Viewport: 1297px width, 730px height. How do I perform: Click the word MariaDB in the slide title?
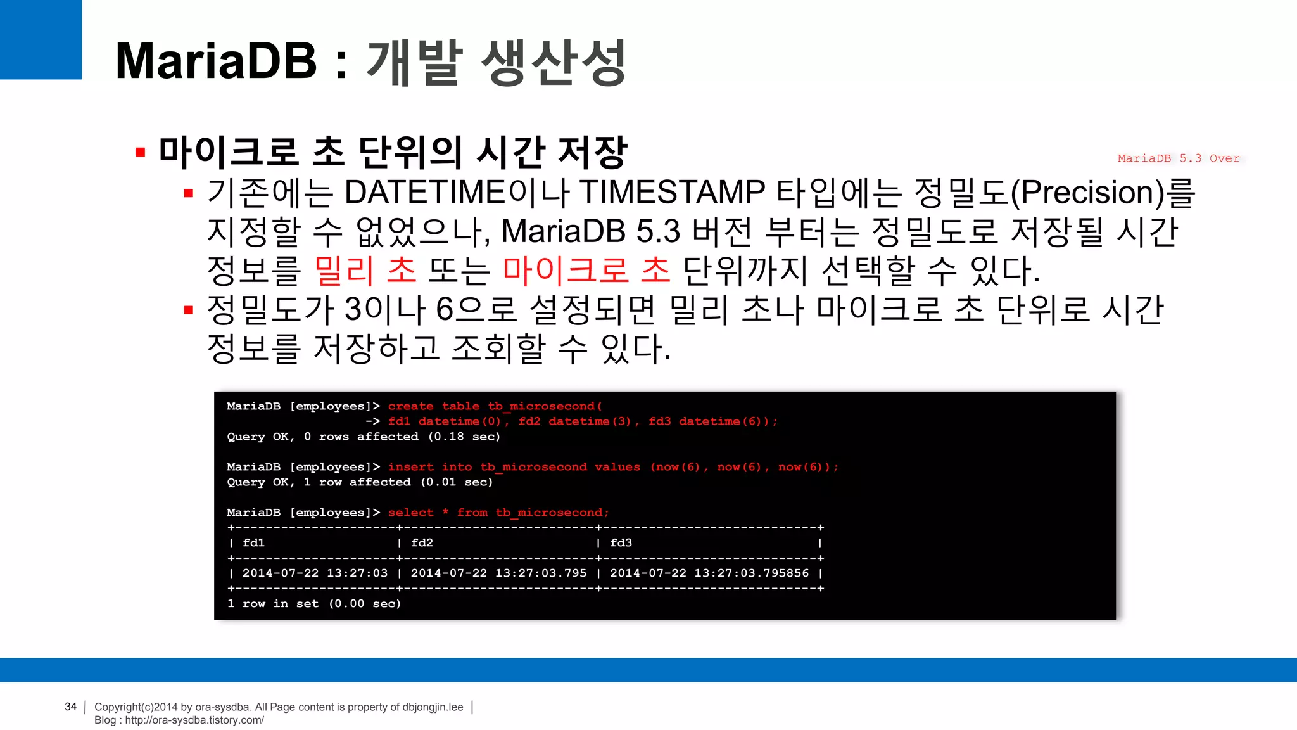coord(216,61)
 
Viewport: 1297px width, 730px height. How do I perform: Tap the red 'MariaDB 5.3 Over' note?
coord(1178,158)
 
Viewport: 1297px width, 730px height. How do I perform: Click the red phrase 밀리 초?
coord(365,271)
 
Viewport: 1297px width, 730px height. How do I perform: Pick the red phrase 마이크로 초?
coord(586,271)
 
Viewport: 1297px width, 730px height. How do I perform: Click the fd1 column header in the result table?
coord(253,543)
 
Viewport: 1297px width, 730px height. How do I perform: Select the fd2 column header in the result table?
coord(422,543)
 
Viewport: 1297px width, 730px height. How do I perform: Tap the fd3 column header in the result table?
coord(621,543)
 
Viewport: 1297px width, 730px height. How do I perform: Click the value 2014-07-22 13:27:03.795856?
coord(709,573)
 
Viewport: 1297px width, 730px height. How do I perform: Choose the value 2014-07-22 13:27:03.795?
coord(498,573)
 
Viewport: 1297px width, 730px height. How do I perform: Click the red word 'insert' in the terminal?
coord(410,467)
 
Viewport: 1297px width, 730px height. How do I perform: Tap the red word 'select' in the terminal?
coord(410,513)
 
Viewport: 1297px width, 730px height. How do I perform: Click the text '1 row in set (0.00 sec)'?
coord(314,604)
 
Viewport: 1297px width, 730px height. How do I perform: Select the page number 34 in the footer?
coord(70,707)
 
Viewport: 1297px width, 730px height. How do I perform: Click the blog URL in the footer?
coord(194,720)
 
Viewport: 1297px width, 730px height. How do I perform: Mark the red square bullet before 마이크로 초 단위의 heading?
coord(141,152)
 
